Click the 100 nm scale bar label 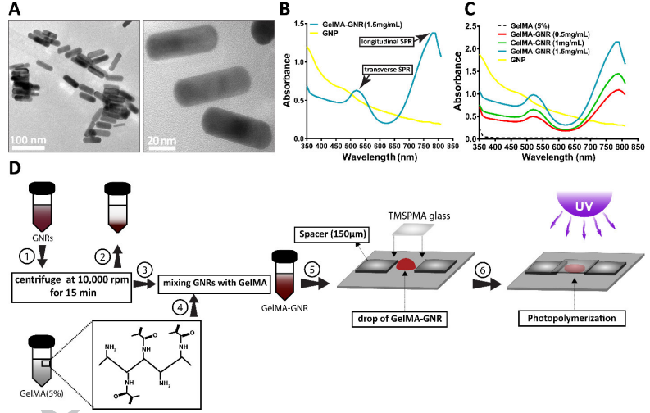pos(28,140)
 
